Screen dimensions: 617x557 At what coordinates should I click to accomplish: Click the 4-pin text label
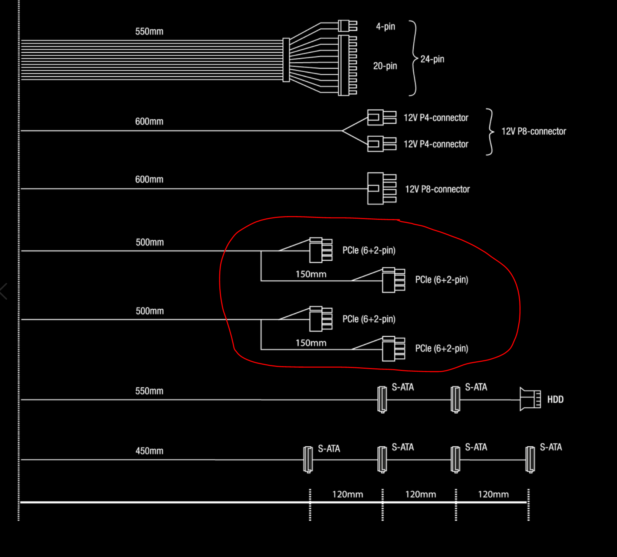coord(385,26)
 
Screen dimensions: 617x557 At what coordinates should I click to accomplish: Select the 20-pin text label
coord(385,66)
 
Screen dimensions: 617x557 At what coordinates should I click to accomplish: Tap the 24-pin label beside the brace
coord(432,59)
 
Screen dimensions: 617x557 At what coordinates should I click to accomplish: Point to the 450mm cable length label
coord(149,451)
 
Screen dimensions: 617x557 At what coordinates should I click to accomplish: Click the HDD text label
coord(555,399)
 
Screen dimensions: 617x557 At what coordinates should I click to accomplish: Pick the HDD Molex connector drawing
coord(530,399)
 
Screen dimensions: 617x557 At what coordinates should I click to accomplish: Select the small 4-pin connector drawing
coord(348,26)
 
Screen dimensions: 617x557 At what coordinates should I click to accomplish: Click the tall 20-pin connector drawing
coord(348,65)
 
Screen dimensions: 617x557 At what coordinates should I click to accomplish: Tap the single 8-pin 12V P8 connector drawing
coord(382,188)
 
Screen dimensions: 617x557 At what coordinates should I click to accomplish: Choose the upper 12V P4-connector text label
coord(436,118)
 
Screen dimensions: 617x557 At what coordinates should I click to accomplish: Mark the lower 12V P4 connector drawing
coord(382,144)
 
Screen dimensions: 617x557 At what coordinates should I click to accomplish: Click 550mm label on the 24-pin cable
coord(149,31)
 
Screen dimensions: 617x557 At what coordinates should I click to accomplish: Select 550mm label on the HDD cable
coord(149,391)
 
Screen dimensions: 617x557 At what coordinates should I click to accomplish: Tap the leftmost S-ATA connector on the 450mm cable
coord(308,459)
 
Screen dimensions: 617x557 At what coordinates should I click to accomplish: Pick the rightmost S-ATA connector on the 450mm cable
coord(530,459)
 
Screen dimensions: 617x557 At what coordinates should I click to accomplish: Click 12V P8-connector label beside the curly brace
coord(534,131)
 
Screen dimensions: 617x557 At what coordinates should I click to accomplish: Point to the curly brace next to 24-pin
coord(414,58)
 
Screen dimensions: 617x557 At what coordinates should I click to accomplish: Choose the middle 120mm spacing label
coord(420,494)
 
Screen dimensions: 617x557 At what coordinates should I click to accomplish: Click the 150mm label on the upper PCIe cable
coord(311,274)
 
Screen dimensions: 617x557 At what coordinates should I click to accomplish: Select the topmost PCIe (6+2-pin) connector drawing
coord(321,250)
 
